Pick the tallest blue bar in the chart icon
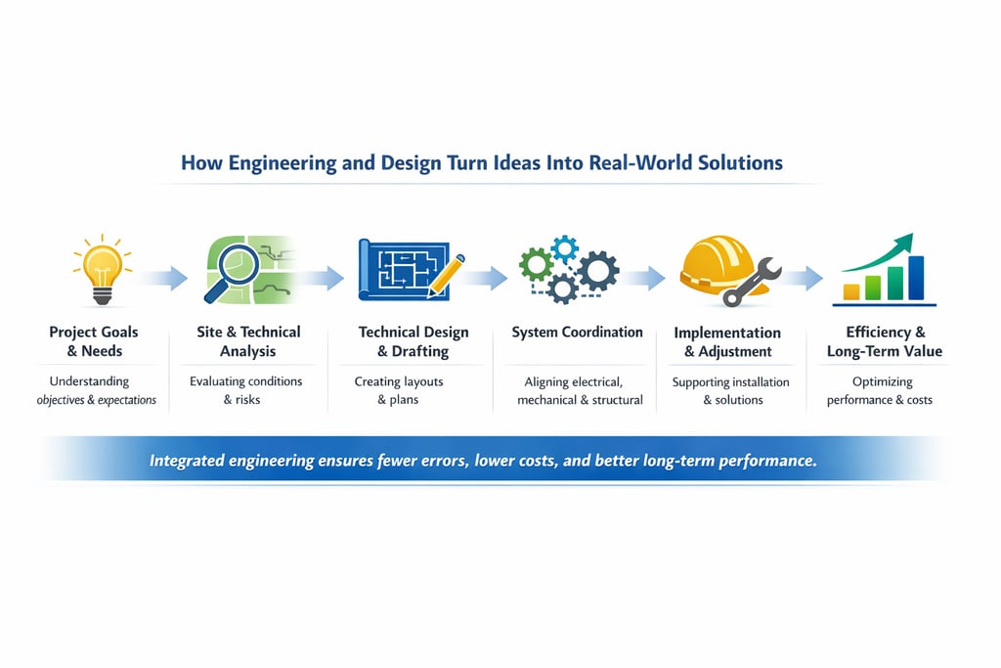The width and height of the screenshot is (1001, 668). point(916,277)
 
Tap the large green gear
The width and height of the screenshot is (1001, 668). point(536,263)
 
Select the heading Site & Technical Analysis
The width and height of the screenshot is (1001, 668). point(248,341)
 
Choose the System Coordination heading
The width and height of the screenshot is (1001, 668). point(577,333)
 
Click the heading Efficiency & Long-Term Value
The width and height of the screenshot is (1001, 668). point(884,341)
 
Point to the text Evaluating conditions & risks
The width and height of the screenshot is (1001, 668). point(246,390)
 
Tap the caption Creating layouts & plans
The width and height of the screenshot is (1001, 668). point(398,390)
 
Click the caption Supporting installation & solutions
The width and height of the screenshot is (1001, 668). point(731,390)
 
